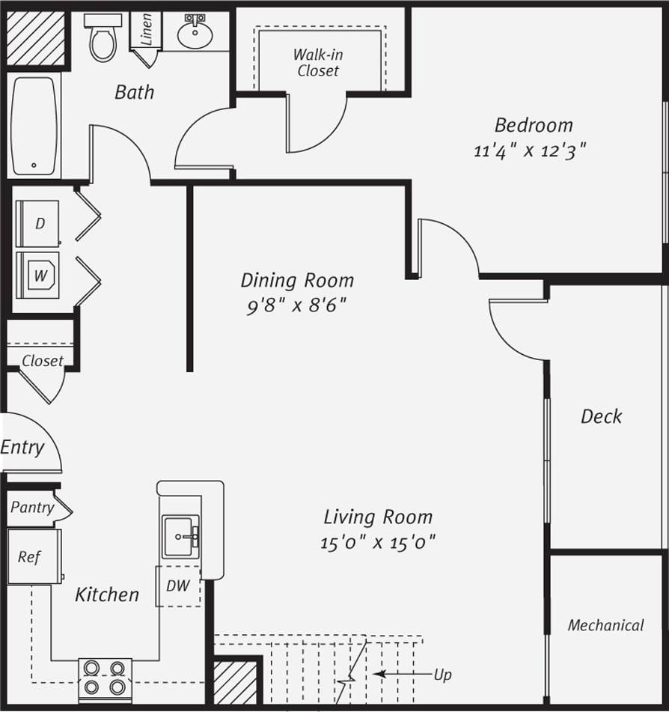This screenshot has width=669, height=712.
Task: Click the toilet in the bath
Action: (103, 37)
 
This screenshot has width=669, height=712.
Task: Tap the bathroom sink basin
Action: (195, 33)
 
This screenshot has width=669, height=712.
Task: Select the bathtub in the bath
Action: (34, 126)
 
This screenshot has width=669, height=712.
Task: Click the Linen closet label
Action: (147, 29)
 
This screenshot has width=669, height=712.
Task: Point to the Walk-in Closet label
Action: (318, 63)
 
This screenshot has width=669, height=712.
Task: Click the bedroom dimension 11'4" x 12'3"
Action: (529, 150)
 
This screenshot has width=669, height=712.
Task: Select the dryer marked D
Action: (39, 224)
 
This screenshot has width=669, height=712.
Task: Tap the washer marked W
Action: (40, 276)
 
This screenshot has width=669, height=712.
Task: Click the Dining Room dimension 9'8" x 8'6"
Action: (296, 306)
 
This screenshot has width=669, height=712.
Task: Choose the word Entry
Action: (22, 448)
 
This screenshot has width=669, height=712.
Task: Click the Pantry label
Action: (31, 508)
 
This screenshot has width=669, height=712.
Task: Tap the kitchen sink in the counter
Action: (180, 536)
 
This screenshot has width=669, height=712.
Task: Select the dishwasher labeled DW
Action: (178, 586)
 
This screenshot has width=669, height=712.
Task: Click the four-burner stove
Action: (105, 678)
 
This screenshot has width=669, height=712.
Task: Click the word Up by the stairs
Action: (443, 675)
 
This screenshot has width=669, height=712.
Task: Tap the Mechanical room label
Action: (605, 625)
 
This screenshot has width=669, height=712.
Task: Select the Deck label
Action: (601, 416)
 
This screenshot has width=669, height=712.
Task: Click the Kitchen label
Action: (107, 595)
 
